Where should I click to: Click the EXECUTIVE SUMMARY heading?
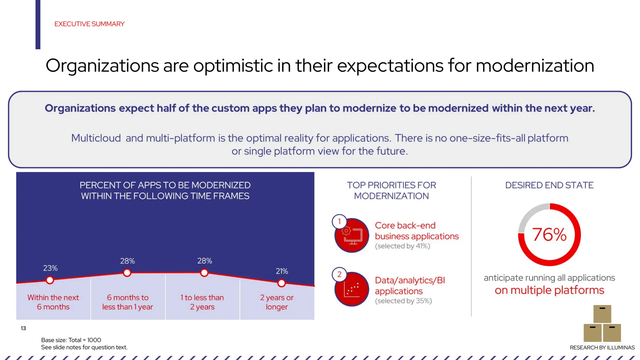pyautogui.click(x=89, y=24)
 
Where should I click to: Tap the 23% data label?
pyautogui.click(x=50, y=268)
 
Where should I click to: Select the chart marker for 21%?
pyautogui.click(x=281, y=283)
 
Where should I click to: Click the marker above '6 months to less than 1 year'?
pyautogui.click(x=127, y=273)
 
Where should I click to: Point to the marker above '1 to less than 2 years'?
pyautogui.click(x=204, y=273)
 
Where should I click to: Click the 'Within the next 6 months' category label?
pyautogui.click(x=53, y=302)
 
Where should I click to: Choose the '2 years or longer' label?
pyautogui.click(x=277, y=302)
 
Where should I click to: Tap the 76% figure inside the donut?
pyautogui.click(x=549, y=235)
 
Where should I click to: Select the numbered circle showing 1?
pyautogui.click(x=339, y=222)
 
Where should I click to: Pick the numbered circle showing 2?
pyautogui.click(x=339, y=275)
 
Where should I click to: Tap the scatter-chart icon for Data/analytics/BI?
pyautogui.click(x=352, y=289)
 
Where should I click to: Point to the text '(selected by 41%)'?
pyautogui.click(x=402, y=246)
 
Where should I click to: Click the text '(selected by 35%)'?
pyautogui.click(x=403, y=301)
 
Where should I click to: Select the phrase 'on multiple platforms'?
pyautogui.click(x=549, y=290)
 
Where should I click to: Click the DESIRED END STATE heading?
pyautogui.click(x=549, y=185)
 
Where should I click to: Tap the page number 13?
pyautogui.click(x=23, y=328)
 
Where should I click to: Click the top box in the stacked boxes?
pyautogui.click(x=602, y=314)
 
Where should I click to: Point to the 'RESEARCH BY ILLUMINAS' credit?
pyautogui.click(x=602, y=347)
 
